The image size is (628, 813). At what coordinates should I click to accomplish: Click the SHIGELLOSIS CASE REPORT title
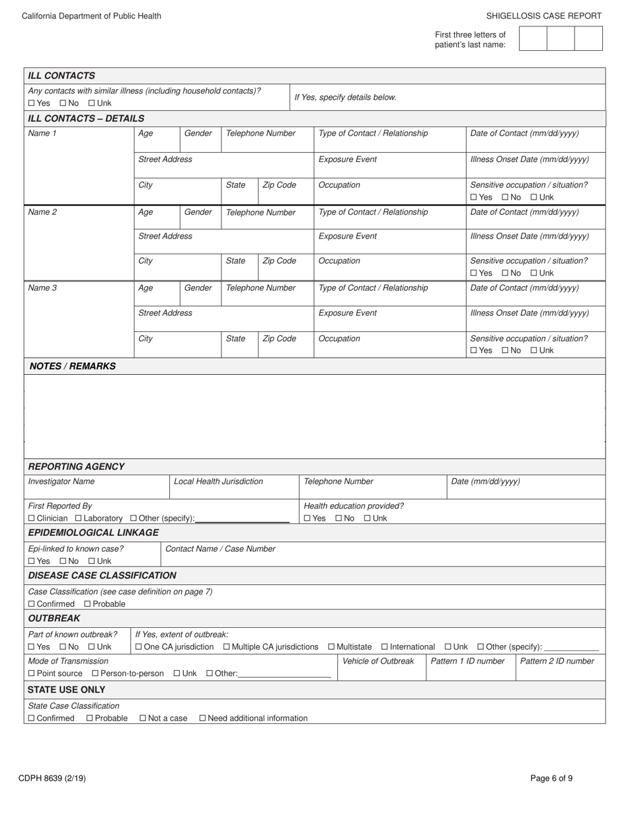point(543,16)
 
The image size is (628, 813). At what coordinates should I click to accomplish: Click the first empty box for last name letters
point(533,38)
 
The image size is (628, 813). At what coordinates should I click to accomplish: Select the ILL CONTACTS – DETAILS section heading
point(86,118)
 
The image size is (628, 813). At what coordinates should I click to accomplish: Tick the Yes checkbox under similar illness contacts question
point(32,103)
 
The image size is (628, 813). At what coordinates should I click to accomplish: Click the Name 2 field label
point(42,212)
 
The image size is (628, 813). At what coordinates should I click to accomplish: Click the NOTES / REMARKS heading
point(73,366)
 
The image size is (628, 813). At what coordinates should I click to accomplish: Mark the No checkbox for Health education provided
point(339,518)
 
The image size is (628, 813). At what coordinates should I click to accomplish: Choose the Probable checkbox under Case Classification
point(88,604)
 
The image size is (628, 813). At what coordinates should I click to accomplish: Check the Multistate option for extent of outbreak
point(332,646)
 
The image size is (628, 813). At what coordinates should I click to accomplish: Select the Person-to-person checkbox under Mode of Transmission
point(95,674)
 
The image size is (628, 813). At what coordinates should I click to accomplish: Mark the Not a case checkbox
point(143,718)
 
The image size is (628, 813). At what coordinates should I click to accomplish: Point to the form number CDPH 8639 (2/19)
point(52,778)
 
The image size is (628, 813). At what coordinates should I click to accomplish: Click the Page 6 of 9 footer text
point(551,778)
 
